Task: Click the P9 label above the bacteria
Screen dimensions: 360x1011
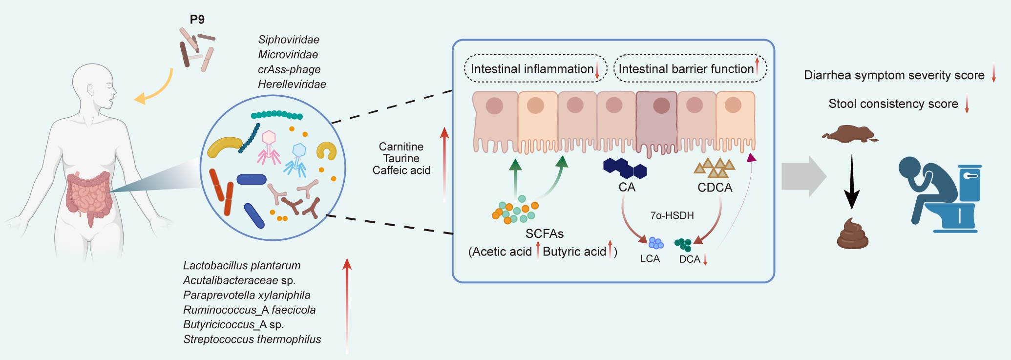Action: coord(197,20)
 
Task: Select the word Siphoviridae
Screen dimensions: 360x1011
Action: coord(289,40)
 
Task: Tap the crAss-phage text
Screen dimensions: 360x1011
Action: coord(289,69)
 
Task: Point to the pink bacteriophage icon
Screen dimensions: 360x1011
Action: coord(269,147)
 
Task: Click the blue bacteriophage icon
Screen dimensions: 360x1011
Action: coord(297,159)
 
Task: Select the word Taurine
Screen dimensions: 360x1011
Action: coord(401,158)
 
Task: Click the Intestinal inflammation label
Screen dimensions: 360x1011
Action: coord(532,69)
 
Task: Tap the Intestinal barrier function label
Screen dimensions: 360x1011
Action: coord(686,69)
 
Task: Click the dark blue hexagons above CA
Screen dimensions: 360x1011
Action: coord(625,168)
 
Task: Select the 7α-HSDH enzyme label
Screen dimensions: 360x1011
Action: coord(672,215)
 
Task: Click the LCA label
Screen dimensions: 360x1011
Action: coord(650,259)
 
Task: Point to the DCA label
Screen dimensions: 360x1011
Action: coord(690,259)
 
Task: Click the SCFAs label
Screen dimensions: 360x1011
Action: coord(545,234)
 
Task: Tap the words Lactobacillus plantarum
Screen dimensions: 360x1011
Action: coord(242,266)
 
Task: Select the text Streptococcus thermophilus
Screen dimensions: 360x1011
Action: coord(252,339)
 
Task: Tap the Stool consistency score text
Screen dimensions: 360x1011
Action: coord(893,104)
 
